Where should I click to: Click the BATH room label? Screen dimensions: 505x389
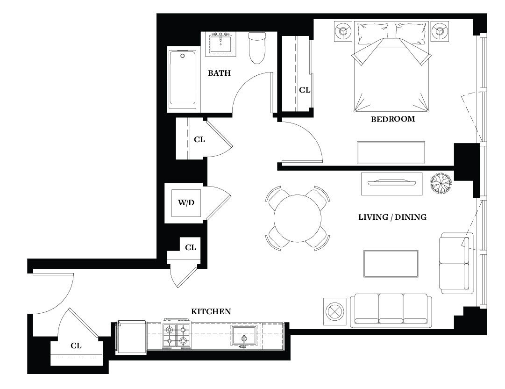(x=219, y=73)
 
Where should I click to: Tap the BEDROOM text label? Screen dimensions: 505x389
(x=392, y=119)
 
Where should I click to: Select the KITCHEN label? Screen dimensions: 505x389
(x=211, y=312)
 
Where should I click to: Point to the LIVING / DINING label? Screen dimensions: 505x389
(x=392, y=217)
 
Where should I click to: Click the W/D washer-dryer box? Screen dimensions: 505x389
(x=186, y=203)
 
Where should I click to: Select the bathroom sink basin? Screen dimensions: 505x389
(x=220, y=44)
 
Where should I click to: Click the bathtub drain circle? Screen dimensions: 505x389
(x=183, y=56)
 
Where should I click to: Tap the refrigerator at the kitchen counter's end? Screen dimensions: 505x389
(x=132, y=337)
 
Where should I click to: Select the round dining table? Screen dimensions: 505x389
(x=298, y=218)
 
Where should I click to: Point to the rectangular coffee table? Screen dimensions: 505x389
(x=391, y=264)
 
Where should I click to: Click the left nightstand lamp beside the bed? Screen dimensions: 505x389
(x=342, y=31)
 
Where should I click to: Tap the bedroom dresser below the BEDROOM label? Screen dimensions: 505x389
(x=391, y=153)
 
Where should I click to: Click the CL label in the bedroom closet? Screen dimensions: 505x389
(x=305, y=90)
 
